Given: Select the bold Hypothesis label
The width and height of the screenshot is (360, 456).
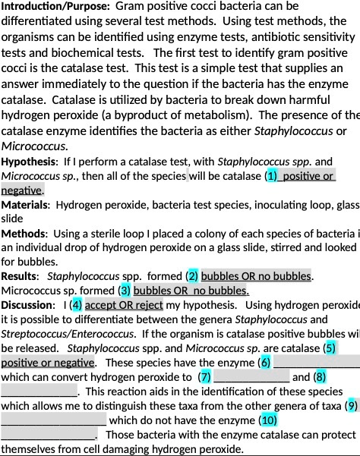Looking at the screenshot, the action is (x=29, y=162).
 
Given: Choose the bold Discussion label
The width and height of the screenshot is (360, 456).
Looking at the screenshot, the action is (x=27, y=305).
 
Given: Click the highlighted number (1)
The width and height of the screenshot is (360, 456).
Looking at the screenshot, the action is (x=272, y=177).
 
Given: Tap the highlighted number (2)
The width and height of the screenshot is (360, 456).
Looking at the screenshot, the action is (x=193, y=276).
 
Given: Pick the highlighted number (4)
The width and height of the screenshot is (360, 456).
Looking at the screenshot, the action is (x=76, y=305).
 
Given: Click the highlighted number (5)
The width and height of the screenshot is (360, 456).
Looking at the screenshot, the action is (x=329, y=348).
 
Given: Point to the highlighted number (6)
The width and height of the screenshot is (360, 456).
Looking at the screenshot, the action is (x=266, y=363).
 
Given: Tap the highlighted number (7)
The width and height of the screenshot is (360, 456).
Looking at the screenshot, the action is (x=204, y=377).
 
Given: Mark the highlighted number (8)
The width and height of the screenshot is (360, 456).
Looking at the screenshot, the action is (x=320, y=377).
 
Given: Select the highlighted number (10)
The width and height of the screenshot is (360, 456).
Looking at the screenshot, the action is (x=268, y=420).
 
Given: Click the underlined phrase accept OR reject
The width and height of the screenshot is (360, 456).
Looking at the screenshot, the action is (x=124, y=305).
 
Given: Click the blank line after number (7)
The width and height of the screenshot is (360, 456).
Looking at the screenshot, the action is (x=251, y=379).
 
